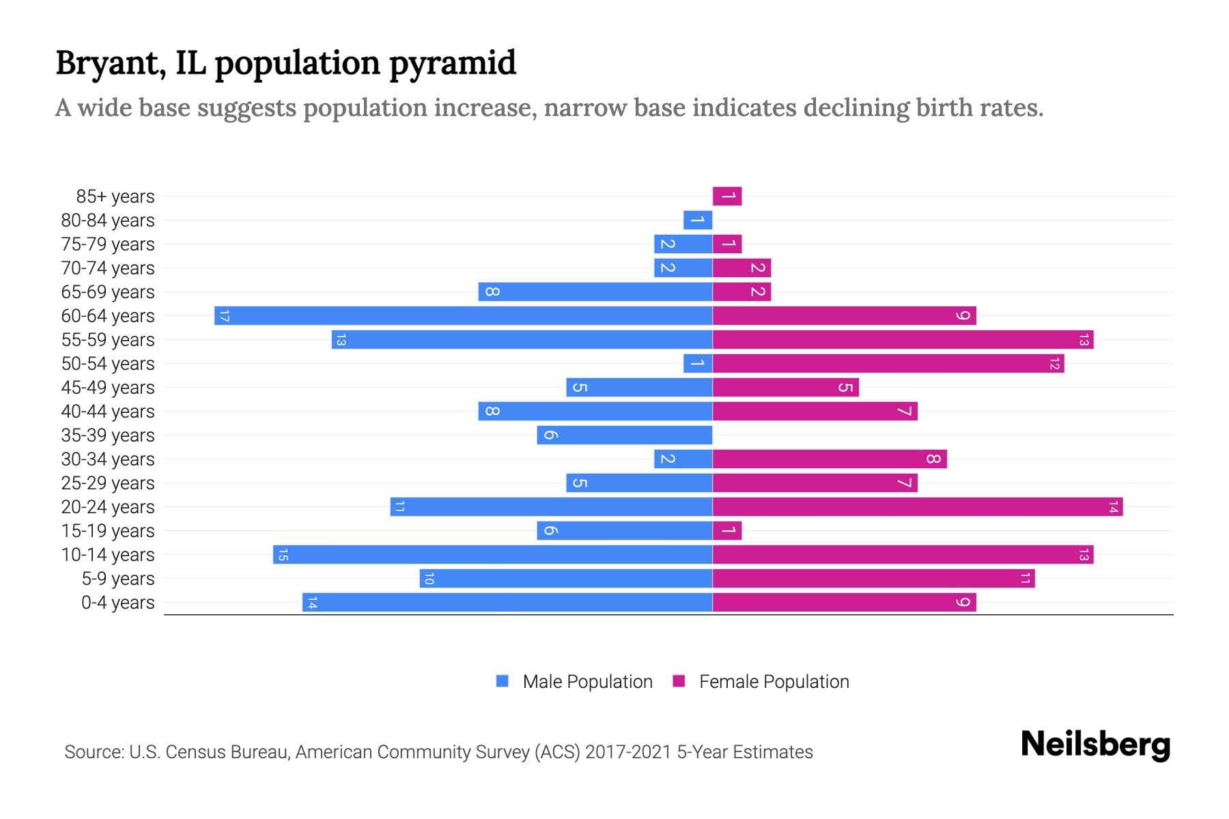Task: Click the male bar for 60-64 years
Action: [x=464, y=315]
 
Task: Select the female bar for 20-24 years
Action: [x=918, y=506]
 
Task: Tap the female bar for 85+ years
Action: [x=727, y=196]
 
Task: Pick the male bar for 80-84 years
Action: [x=698, y=220]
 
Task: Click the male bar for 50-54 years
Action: [x=698, y=363]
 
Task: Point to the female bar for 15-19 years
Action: [x=727, y=530]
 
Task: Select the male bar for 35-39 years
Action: [x=625, y=435]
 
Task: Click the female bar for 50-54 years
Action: [x=888, y=363]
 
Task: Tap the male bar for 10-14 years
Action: [x=493, y=554]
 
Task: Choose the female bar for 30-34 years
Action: [x=830, y=459]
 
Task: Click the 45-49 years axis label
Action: [x=108, y=388]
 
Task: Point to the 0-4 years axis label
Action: [x=117, y=603]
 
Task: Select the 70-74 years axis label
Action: [x=108, y=268]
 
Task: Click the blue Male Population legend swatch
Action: [x=503, y=681]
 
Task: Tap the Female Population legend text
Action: [x=774, y=681]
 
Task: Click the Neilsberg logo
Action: [x=1095, y=745]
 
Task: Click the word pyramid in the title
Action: [x=453, y=63]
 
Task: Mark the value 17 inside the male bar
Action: [x=224, y=315]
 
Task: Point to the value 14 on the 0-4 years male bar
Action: [x=312, y=602]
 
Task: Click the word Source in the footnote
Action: [x=94, y=752]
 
